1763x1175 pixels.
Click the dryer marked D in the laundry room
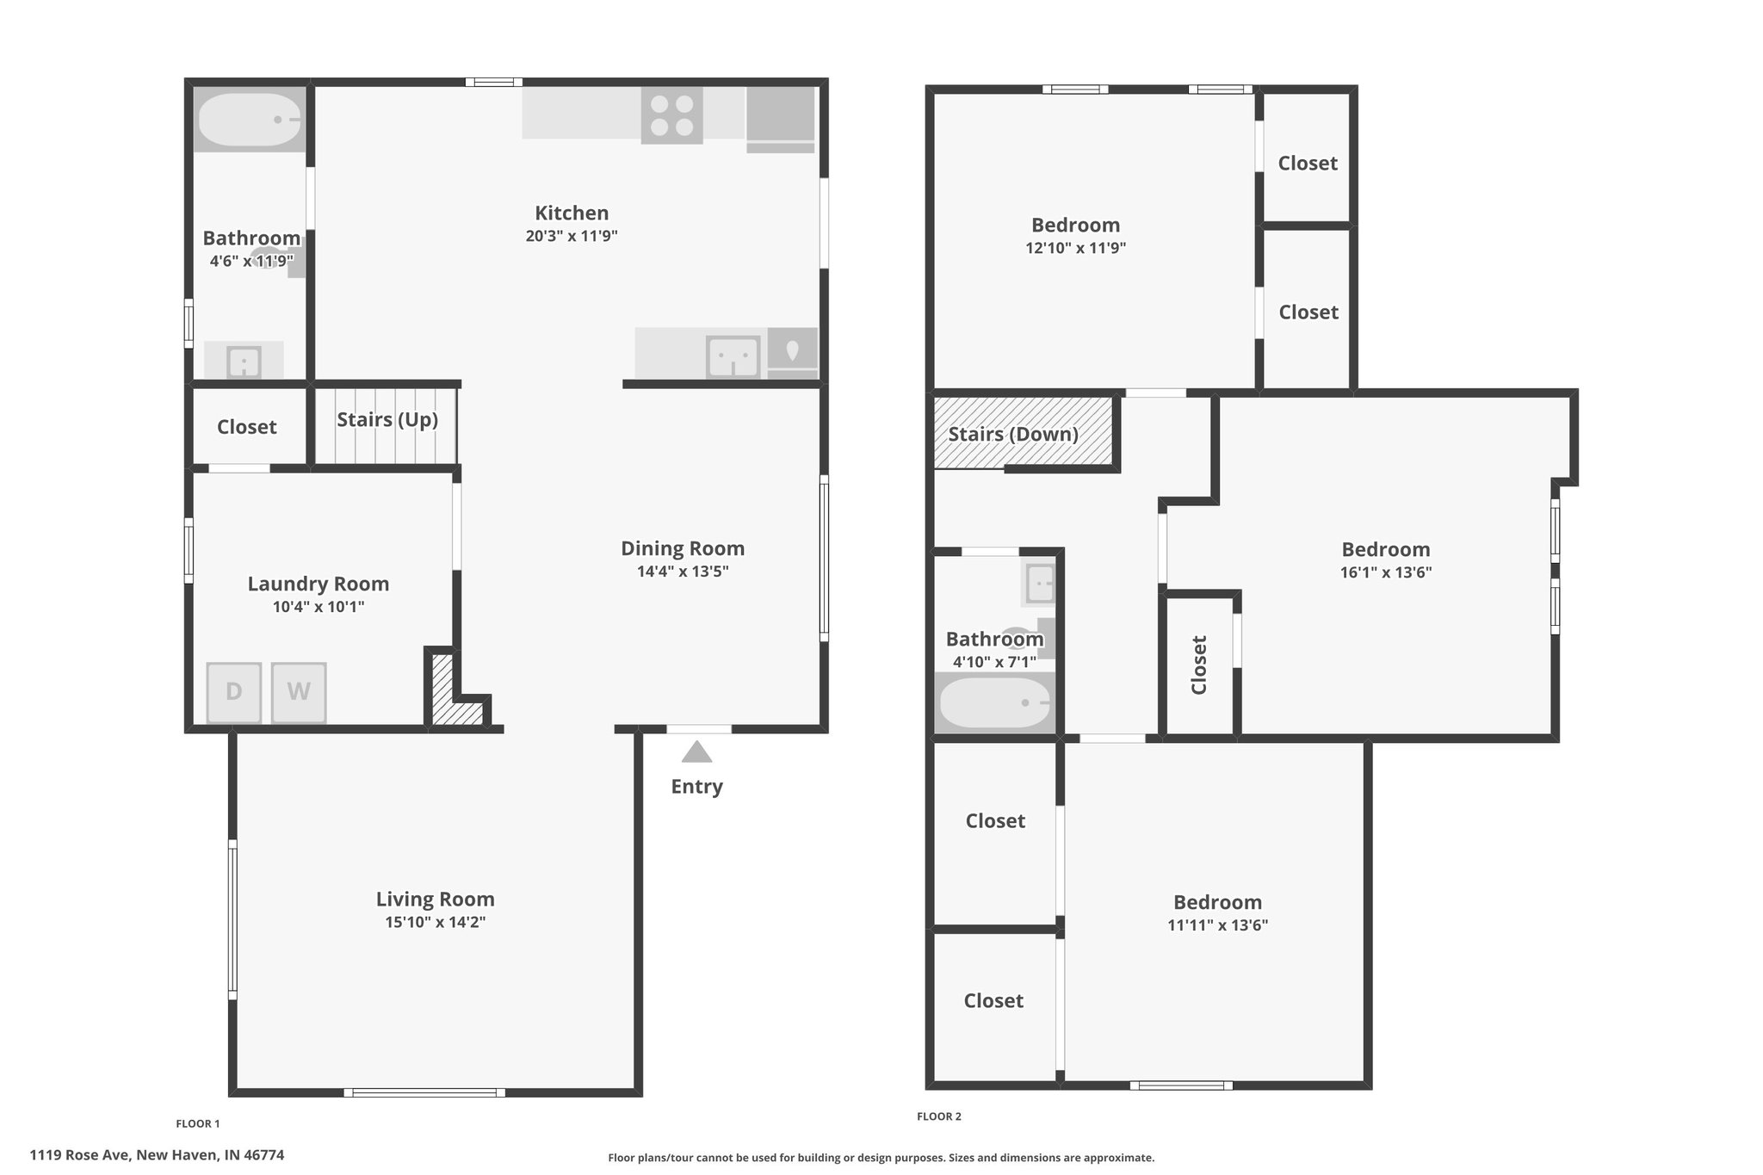click(x=233, y=692)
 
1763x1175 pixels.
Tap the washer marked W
click(x=299, y=692)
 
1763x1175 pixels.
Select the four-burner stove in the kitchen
click(x=671, y=115)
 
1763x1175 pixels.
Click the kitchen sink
click(x=733, y=356)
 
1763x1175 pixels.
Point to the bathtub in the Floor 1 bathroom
click(x=250, y=120)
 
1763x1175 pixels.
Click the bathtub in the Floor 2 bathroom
click(x=995, y=702)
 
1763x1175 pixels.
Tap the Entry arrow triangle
click(x=697, y=752)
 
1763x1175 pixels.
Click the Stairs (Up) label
click(x=387, y=419)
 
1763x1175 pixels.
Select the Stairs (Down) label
click(x=1013, y=434)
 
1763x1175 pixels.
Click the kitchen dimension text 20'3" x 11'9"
click(x=572, y=236)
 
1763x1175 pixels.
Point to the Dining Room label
click(x=683, y=548)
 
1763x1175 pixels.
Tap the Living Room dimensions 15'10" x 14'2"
click(x=436, y=922)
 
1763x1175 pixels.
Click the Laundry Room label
click(x=319, y=584)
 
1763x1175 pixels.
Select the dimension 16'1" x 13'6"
click(x=1386, y=572)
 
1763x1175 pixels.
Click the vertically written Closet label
click(x=1199, y=665)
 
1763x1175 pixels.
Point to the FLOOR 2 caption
click(x=939, y=1116)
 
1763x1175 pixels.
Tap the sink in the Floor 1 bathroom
click(x=244, y=361)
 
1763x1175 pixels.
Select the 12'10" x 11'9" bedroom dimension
click(x=1076, y=248)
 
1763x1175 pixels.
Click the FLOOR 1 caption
click(x=198, y=1123)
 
